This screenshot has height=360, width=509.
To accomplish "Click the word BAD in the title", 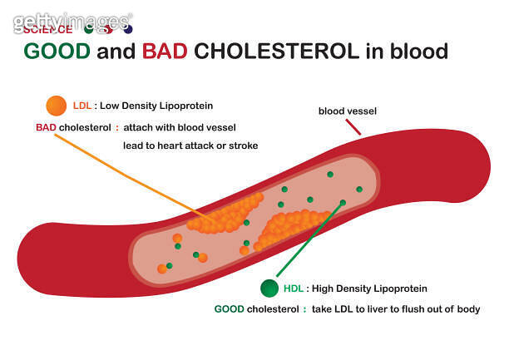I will [166, 52].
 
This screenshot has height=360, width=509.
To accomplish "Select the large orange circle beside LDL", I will [57, 106].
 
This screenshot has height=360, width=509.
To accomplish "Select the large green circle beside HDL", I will [269, 288].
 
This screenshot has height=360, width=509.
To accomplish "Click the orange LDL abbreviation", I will [82, 106].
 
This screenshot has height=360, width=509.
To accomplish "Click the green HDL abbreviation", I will [294, 289].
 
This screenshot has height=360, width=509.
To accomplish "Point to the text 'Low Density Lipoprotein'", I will [156, 106].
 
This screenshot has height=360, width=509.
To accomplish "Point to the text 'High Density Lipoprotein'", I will [369, 289].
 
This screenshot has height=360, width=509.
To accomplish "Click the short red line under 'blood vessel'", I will [353, 126].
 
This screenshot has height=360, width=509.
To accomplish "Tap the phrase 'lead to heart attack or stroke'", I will [190, 145].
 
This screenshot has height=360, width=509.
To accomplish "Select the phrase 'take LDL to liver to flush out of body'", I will [396, 309].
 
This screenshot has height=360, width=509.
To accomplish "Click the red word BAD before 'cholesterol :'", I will [45, 127].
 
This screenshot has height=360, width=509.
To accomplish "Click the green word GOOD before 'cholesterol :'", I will [229, 309].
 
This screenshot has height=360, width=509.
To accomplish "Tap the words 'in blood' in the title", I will [407, 52].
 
